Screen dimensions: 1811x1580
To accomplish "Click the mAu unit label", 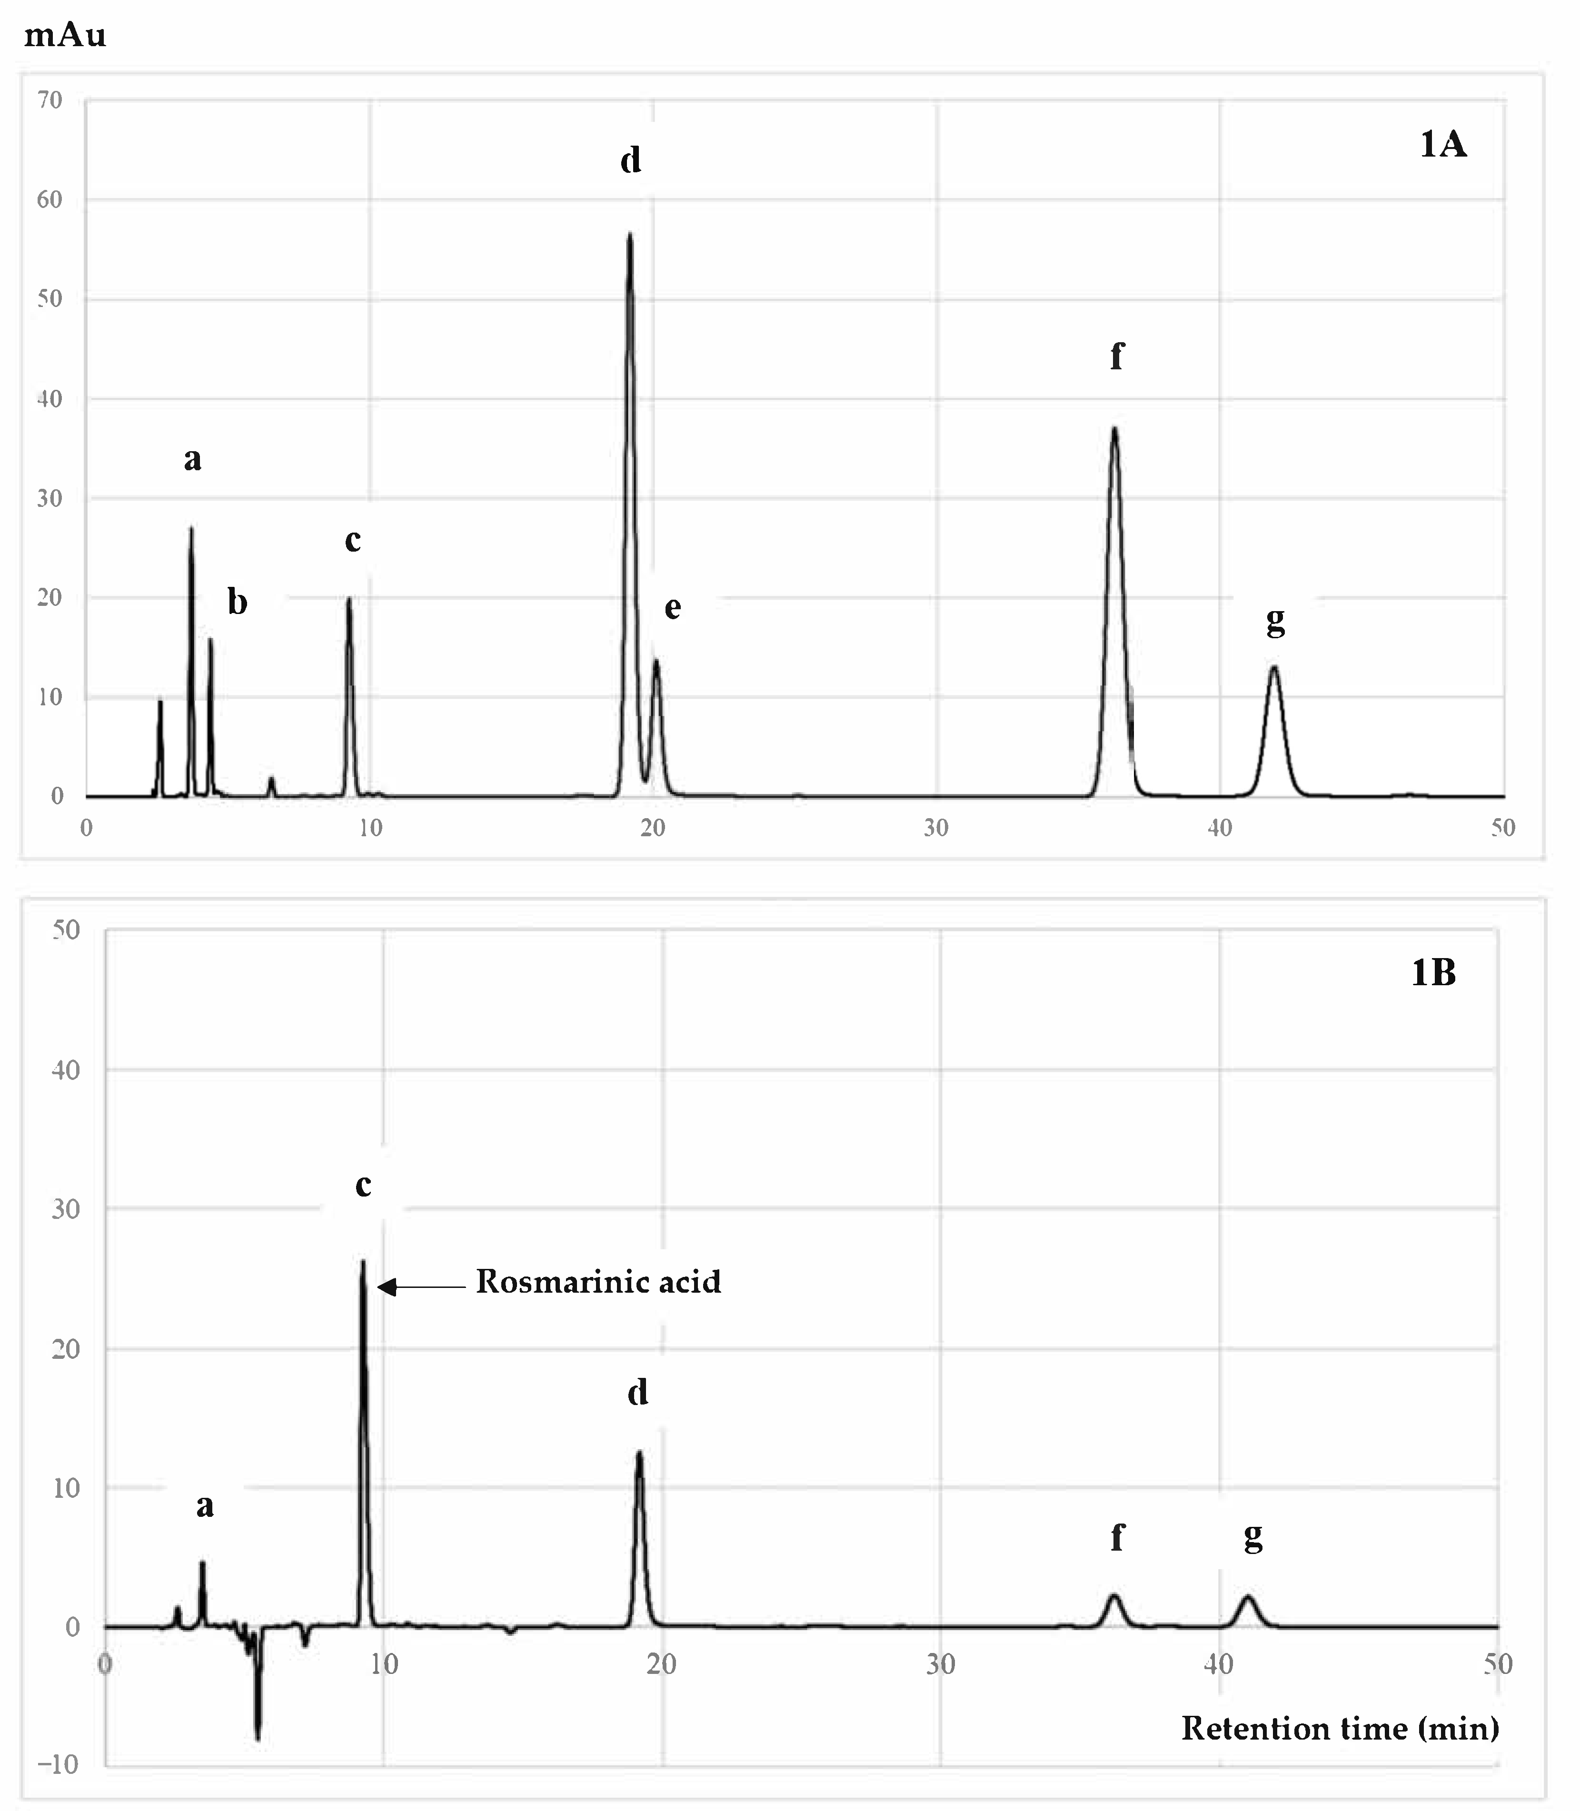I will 65,35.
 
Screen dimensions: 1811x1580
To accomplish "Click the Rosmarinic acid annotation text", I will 598,1281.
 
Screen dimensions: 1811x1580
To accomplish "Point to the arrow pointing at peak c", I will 421,1287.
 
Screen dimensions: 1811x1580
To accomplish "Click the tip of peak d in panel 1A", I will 629,235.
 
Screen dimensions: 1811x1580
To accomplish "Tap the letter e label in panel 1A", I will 673,607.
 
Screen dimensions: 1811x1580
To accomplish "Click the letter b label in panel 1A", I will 237,602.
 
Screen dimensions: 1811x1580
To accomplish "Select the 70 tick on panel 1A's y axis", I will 50,99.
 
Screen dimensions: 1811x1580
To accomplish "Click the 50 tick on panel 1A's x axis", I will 1502,827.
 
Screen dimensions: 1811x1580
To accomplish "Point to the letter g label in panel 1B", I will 1253,1538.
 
